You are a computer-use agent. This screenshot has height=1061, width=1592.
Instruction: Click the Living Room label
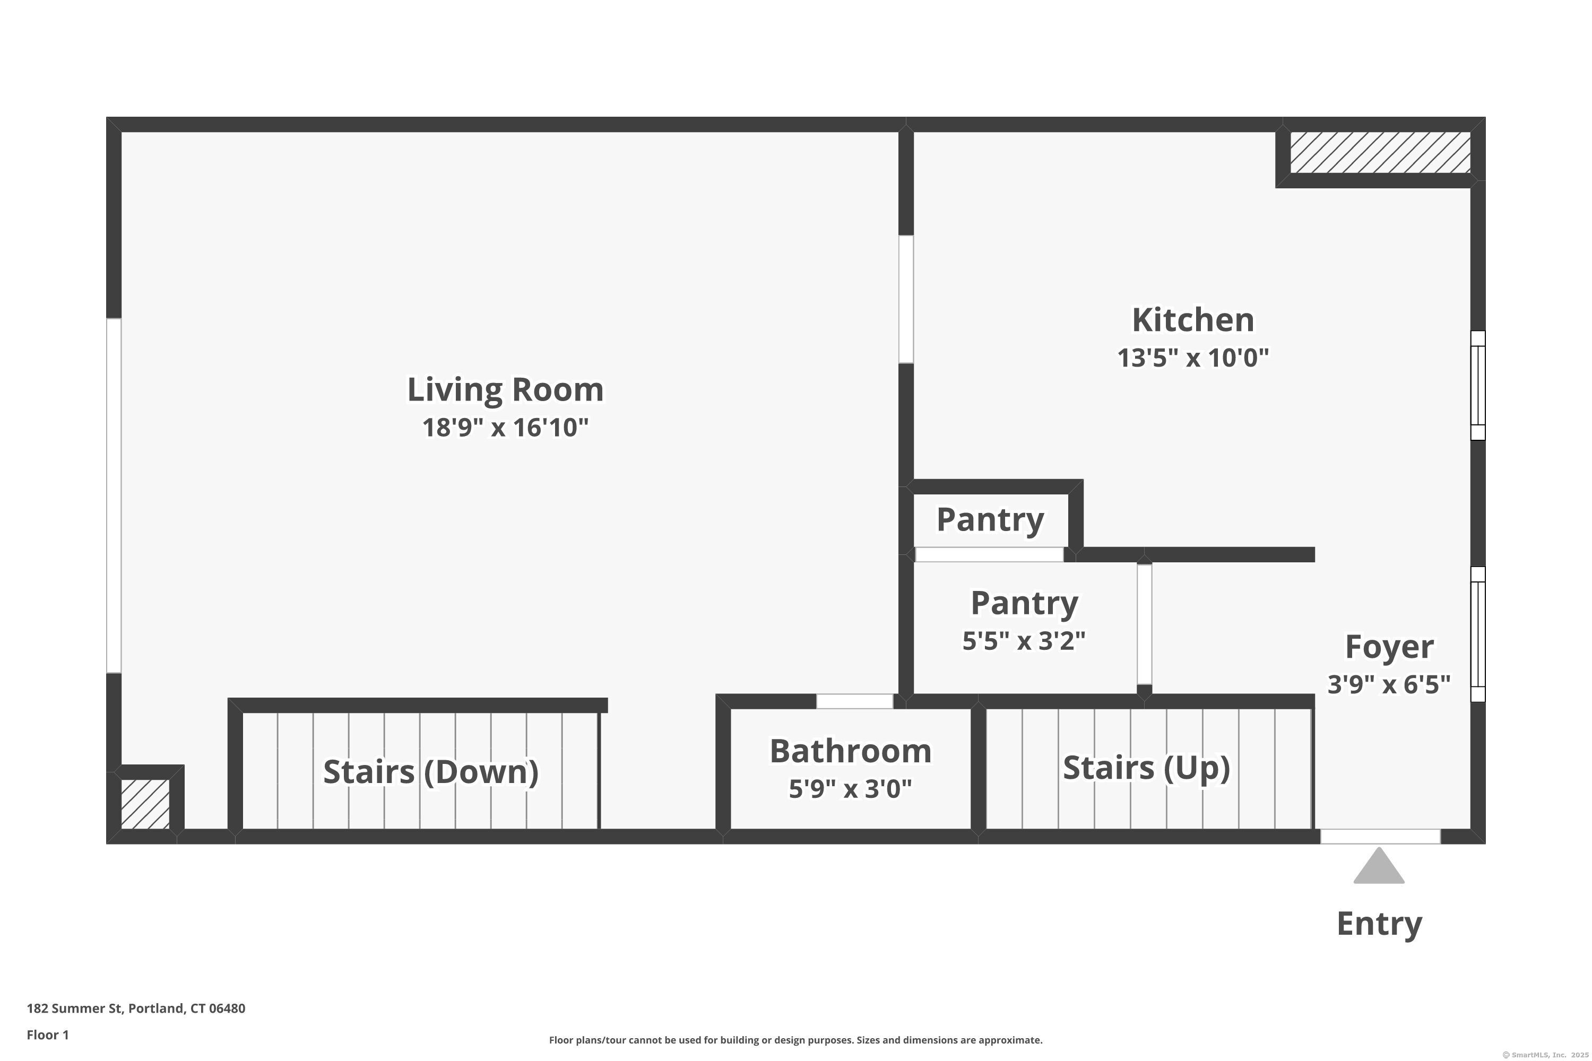[x=505, y=390]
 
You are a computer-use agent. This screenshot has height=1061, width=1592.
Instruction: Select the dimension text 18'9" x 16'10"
[x=505, y=428]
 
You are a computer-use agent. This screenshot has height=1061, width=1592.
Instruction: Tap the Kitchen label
[x=1192, y=320]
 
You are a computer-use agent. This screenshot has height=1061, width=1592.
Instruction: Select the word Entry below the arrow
[x=1379, y=924]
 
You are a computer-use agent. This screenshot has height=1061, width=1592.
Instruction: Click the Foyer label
[x=1389, y=647]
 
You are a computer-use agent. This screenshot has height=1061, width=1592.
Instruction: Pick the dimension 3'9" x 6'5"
[x=1389, y=685]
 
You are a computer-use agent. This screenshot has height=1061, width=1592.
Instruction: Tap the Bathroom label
[x=850, y=752]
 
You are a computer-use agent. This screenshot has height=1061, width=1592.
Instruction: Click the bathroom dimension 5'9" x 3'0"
[x=850, y=789]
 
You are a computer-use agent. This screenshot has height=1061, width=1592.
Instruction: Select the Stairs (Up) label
[x=1146, y=768]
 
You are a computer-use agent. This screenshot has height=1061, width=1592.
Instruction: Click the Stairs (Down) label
[x=430, y=772]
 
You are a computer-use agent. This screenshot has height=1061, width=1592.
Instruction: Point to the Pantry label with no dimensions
[x=990, y=520]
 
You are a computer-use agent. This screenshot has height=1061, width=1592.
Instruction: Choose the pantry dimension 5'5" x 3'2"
[x=1024, y=641]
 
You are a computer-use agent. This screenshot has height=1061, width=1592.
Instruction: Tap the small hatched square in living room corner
[x=145, y=804]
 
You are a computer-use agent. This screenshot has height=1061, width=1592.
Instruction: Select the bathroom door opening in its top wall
[x=854, y=701]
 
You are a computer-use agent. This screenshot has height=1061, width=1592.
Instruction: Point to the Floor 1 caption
[x=47, y=1034]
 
